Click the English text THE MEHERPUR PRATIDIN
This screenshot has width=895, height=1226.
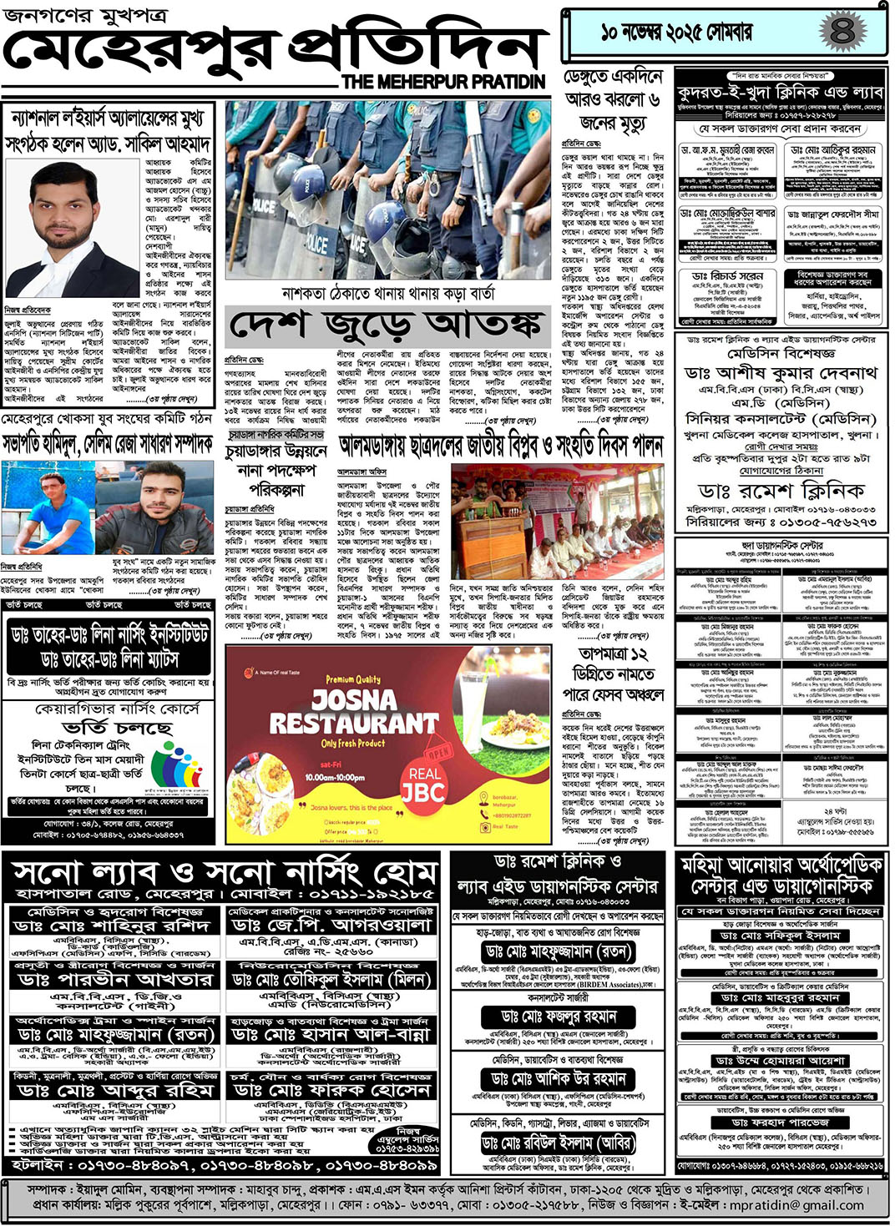point(443,82)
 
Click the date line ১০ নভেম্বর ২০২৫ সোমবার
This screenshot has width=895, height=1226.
point(676,33)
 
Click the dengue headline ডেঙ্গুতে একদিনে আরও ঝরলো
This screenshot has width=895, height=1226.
point(614,100)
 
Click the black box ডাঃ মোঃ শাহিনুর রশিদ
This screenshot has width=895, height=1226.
point(112,926)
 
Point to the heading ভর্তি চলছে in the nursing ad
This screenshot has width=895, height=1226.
point(118,729)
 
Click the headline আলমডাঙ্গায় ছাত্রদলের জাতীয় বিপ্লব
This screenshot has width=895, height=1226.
point(501,446)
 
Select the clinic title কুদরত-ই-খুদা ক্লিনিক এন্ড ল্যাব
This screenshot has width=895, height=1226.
point(780,91)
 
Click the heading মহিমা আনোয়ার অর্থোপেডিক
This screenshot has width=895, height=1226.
point(781,875)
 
